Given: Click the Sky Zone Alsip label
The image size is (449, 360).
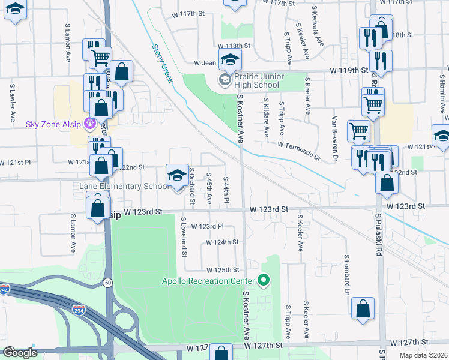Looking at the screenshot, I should point(54,125).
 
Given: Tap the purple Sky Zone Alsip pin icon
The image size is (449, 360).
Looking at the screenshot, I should point(91,125).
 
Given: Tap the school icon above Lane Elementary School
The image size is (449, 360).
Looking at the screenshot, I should point(176,176).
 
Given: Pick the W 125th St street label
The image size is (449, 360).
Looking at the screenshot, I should point(222,271).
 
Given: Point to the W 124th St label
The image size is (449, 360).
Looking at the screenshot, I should point(222,242).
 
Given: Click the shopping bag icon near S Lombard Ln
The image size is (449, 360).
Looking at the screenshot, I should point(363,308).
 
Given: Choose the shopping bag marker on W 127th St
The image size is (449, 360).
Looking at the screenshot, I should point(221,353).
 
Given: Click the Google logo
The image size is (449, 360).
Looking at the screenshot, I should point(20,353).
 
